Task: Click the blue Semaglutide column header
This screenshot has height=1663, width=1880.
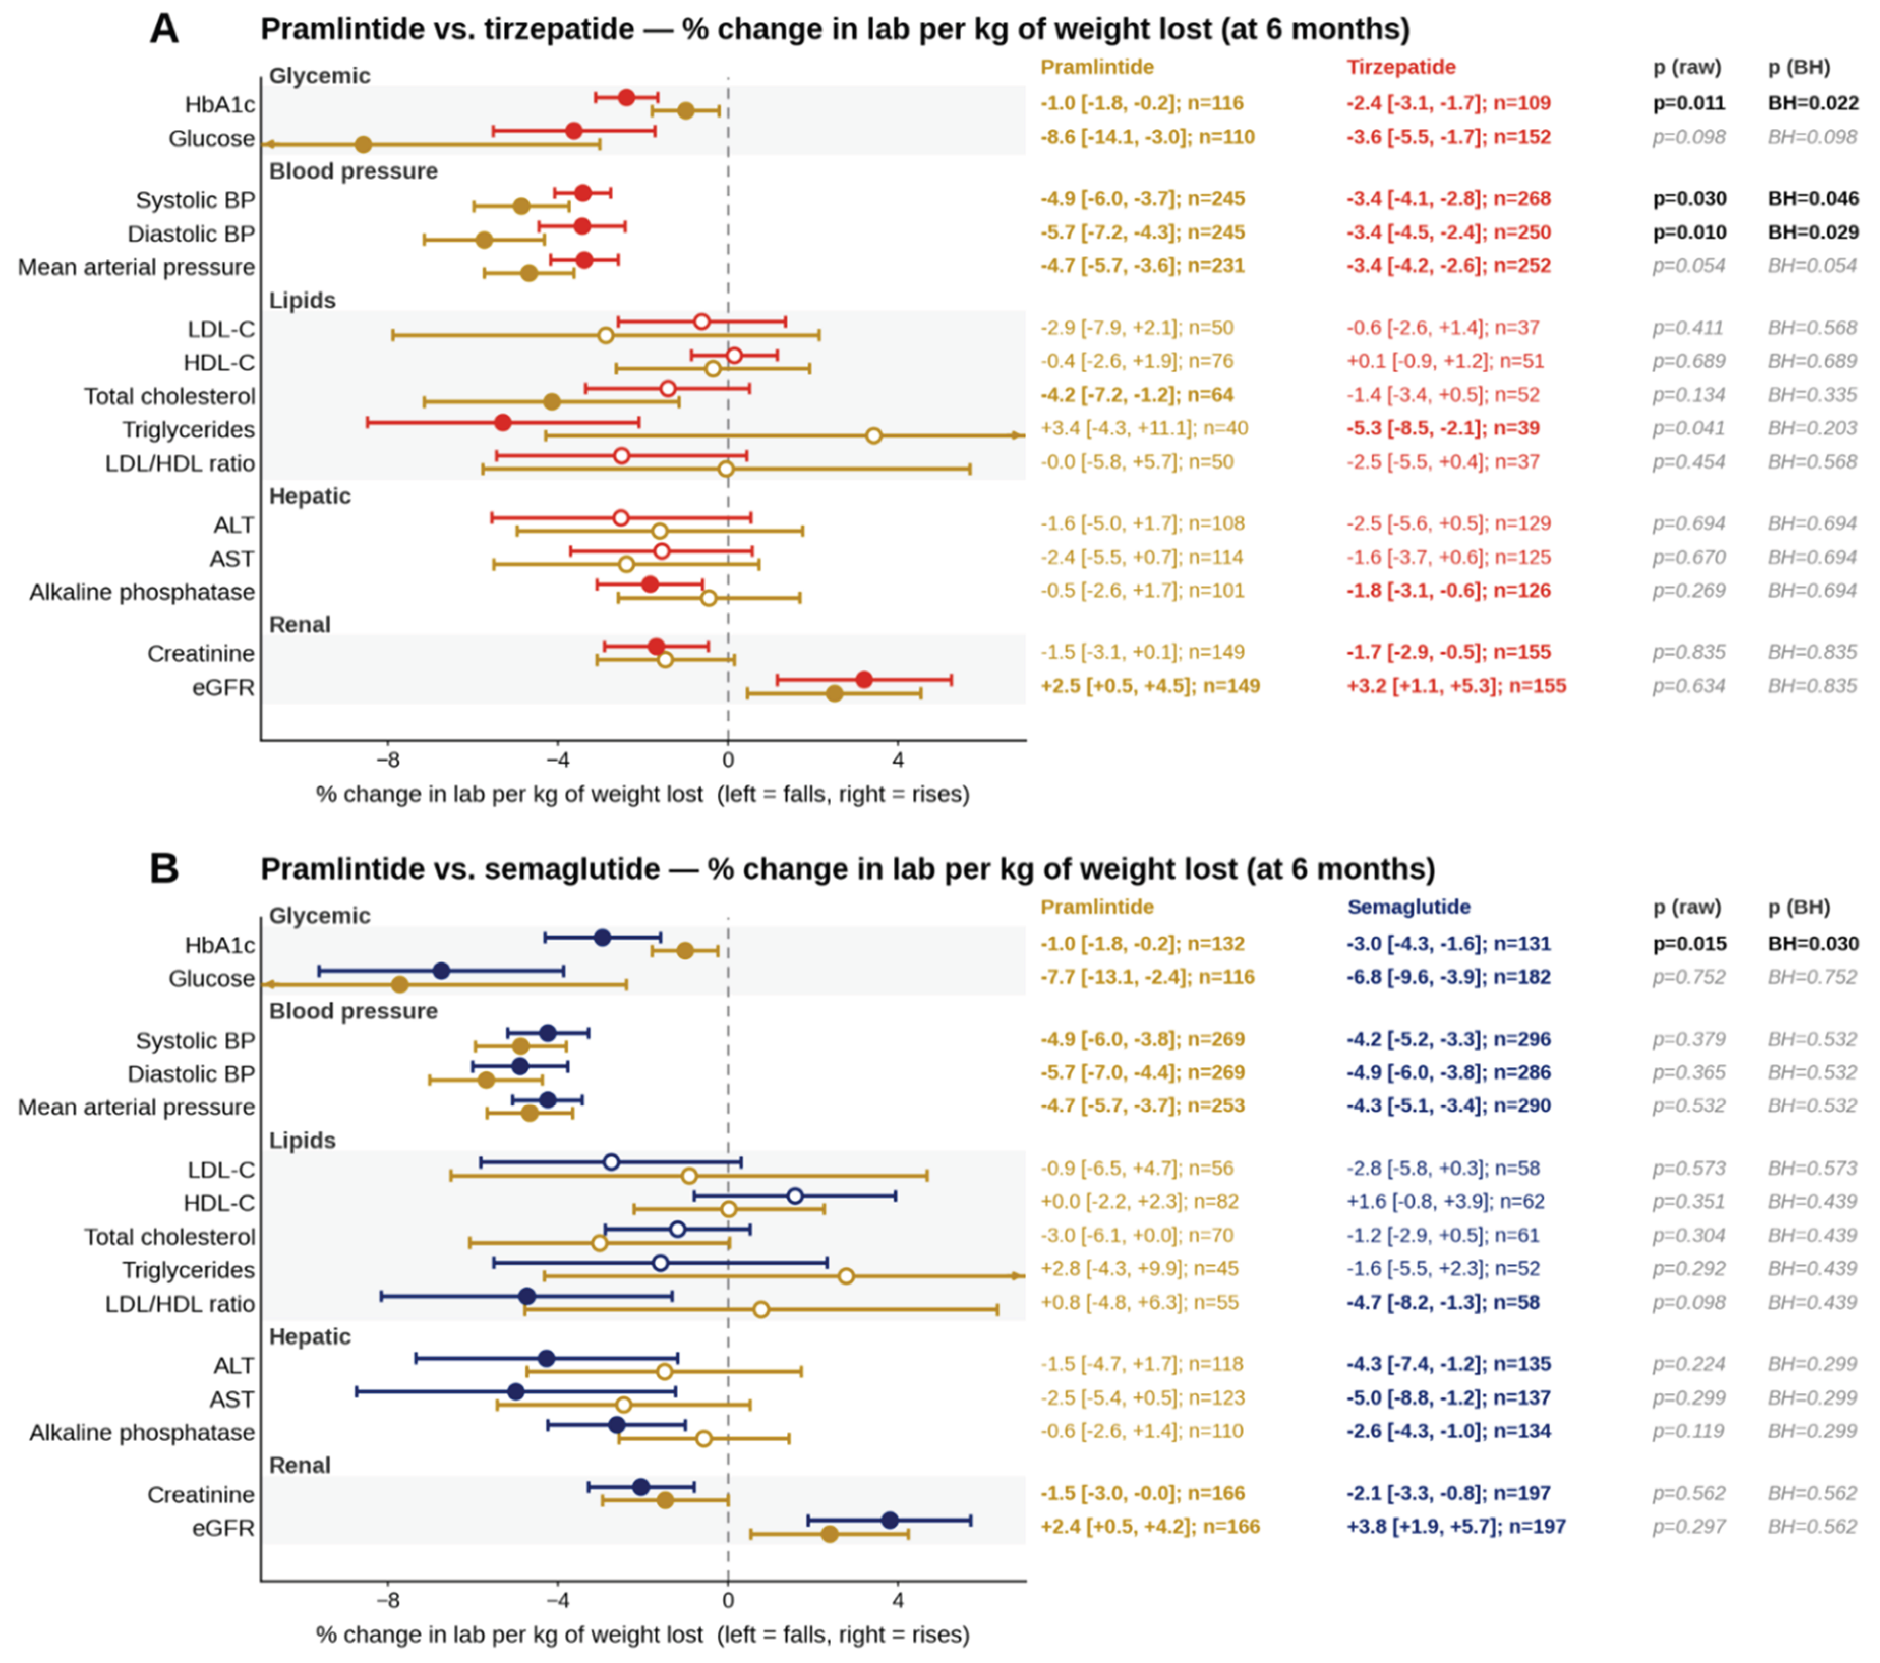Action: click(1408, 907)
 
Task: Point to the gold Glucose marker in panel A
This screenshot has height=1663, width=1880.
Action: click(363, 144)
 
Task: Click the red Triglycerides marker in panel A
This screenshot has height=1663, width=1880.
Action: click(502, 422)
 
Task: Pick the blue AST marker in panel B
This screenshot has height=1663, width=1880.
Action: click(516, 1392)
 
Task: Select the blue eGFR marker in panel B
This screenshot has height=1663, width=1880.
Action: click(890, 1521)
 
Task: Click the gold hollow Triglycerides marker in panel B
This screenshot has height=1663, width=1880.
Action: click(846, 1276)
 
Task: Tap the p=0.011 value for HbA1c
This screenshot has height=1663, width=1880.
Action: click(1689, 103)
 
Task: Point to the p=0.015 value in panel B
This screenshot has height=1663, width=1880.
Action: click(1689, 944)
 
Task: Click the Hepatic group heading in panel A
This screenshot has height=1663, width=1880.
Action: click(309, 497)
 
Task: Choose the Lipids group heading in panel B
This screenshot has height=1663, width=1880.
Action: click(302, 1141)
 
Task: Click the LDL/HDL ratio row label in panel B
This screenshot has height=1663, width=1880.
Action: click(180, 1304)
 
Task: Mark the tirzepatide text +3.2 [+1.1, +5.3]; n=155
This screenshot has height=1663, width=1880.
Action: click(1456, 686)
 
